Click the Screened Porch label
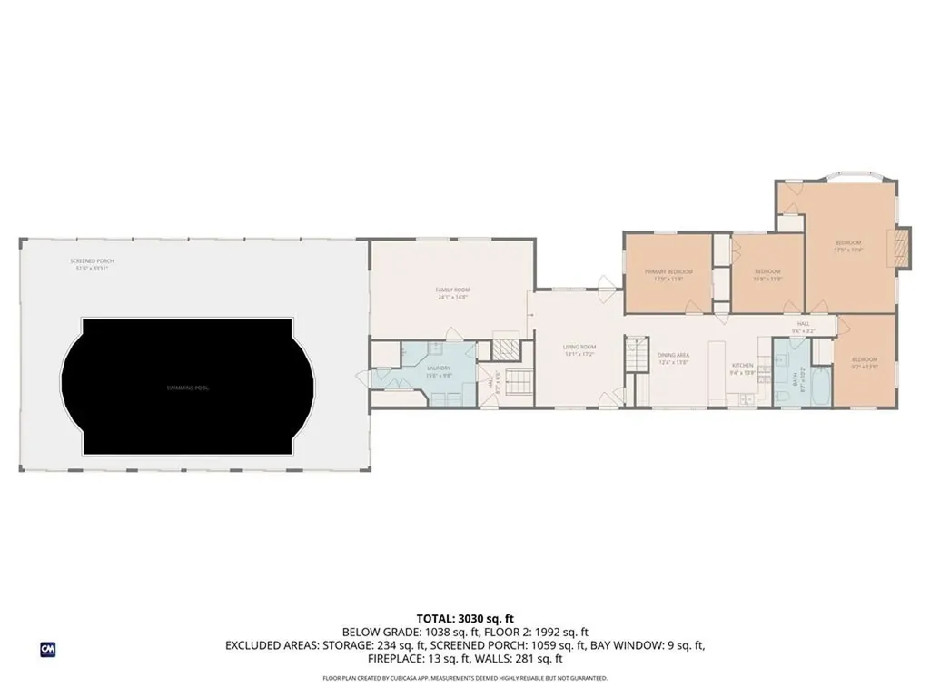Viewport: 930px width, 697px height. click(93, 260)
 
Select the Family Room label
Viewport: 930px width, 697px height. click(452, 290)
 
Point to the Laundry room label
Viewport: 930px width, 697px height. click(440, 368)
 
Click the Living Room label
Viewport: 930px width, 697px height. click(579, 347)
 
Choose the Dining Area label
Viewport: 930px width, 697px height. click(674, 355)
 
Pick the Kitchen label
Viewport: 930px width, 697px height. click(743, 367)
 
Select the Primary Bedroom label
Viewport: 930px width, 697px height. click(668, 271)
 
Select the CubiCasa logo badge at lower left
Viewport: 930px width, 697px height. click(48, 649)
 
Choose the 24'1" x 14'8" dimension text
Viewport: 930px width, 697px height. click(452, 297)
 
